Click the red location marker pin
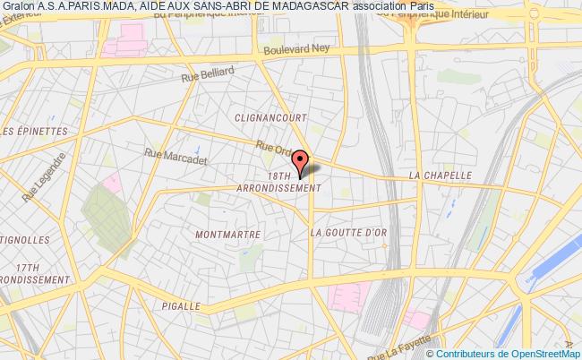(x=303, y=162)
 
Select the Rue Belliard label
(x=210, y=74)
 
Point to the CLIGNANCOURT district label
(x=270, y=117)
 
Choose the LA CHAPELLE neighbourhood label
(x=440, y=176)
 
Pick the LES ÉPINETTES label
(x=36, y=131)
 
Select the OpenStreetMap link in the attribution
(x=543, y=352)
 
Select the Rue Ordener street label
(x=272, y=149)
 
